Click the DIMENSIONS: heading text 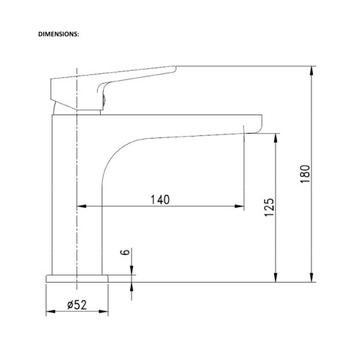(x=59, y=35)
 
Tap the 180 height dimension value (x=305, y=174)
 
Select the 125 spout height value (x=270, y=207)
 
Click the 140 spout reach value (x=160, y=200)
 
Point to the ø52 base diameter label (x=77, y=305)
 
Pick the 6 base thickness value (x=126, y=252)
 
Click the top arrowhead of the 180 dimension (x=312, y=71)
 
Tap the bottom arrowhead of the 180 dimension (x=312, y=278)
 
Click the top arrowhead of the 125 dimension (x=276, y=138)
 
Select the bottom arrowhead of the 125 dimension (x=276, y=278)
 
